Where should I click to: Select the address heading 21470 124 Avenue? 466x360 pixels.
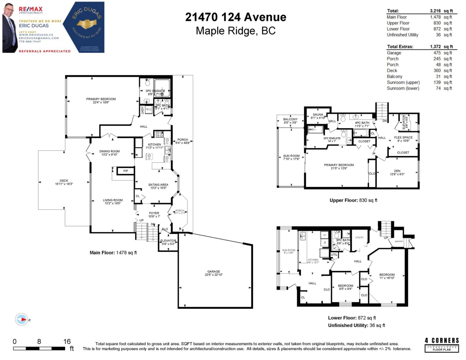tap(236, 17)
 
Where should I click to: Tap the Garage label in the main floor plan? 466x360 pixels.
tap(213, 271)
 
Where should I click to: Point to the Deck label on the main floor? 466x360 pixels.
tap(61, 180)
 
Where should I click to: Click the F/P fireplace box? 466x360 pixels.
tap(125, 171)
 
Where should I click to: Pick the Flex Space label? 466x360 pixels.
tap(403, 137)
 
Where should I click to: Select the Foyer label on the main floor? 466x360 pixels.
tap(154, 213)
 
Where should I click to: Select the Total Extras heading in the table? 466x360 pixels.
tap(400, 47)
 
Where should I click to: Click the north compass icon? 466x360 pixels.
tap(22, 319)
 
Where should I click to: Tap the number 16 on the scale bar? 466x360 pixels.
tap(66, 341)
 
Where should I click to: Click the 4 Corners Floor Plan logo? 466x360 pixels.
tap(442, 344)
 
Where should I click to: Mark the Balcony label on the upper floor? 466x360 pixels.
tap(290, 119)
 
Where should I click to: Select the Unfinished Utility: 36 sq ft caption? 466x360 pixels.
tap(356, 325)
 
